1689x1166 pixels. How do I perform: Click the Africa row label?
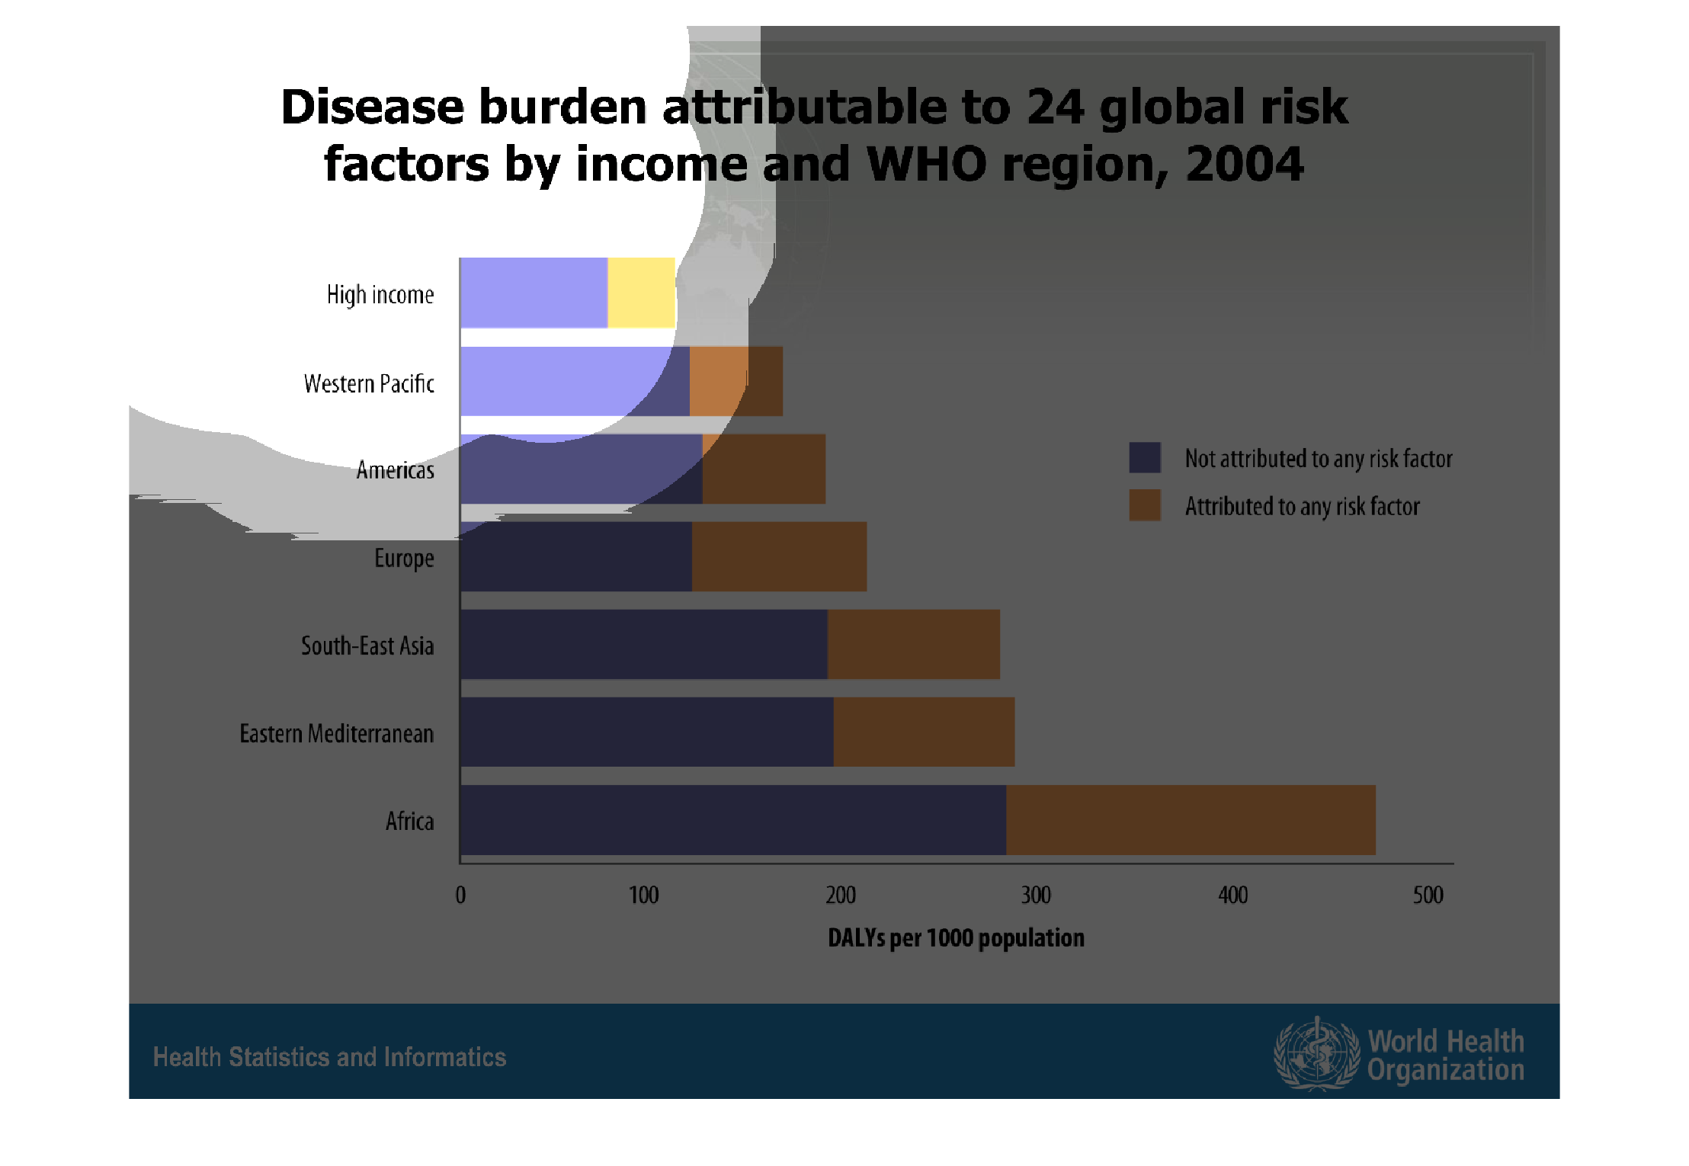(x=409, y=821)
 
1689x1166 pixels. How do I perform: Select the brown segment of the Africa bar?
(x=1190, y=820)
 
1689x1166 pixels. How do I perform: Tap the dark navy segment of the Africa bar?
(x=732, y=820)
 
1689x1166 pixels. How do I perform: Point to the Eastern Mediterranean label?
(x=336, y=733)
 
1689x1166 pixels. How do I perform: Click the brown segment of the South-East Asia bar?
(x=913, y=644)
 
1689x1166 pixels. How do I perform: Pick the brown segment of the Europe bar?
(x=778, y=556)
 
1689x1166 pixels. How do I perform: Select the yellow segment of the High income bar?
(x=641, y=293)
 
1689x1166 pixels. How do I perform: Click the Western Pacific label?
(x=369, y=383)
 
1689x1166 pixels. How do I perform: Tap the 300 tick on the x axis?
(x=1036, y=895)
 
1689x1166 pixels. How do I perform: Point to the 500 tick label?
(x=1428, y=895)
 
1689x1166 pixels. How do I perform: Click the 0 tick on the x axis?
(x=460, y=895)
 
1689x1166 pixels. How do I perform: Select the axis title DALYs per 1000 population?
(x=956, y=937)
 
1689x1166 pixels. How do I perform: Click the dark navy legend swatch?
(x=1144, y=457)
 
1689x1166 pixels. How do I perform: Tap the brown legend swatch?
(x=1144, y=505)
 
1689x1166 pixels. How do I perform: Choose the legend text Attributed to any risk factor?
(x=1302, y=506)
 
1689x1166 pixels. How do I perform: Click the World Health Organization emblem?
(x=1316, y=1055)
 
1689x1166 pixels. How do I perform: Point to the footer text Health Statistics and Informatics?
(x=329, y=1057)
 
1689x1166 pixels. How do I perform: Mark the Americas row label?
(x=395, y=469)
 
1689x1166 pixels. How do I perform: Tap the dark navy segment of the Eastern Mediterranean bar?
(x=646, y=732)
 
